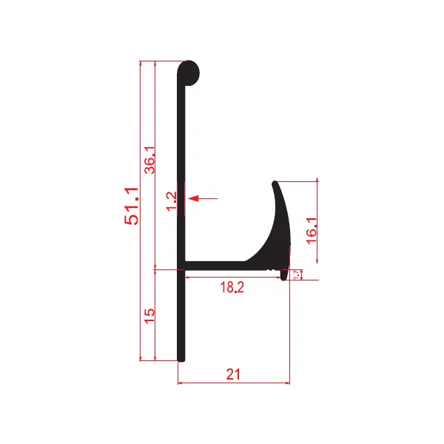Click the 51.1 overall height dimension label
(x=132, y=206)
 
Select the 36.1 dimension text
(x=149, y=160)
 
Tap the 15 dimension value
(x=149, y=316)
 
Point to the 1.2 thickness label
(x=172, y=201)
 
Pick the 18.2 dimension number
(x=232, y=287)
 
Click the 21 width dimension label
(x=233, y=374)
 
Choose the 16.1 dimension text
(x=312, y=230)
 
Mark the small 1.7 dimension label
(x=297, y=275)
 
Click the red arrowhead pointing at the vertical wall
(x=193, y=198)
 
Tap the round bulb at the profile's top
(x=189, y=73)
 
